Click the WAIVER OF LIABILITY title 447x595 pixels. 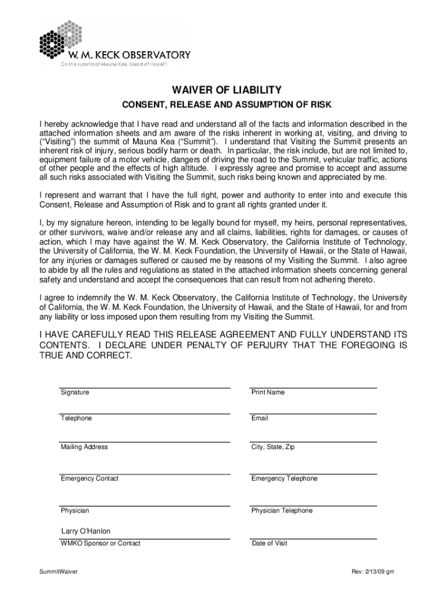[x=226, y=90]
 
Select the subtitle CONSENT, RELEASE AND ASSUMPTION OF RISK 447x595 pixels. [x=226, y=106]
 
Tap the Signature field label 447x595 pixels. [x=75, y=392]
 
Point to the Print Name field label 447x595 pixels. [x=268, y=392]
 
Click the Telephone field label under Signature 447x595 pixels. [x=76, y=418]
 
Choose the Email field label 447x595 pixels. [x=259, y=418]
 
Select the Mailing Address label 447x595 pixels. [x=84, y=447]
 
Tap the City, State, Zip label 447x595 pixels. [x=273, y=447]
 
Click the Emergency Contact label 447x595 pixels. [x=89, y=479]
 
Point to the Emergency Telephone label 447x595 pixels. [x=284, y=479]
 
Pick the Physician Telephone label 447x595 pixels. [x=282, y=511]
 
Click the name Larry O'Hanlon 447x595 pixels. [x=86, y=531]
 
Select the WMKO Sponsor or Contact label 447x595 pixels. [x=100, y=543]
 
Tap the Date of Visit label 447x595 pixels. [x=269, y=543]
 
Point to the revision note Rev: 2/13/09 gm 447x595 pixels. [x=373, y=572]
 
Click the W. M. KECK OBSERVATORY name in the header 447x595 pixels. [x=126, y=55]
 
